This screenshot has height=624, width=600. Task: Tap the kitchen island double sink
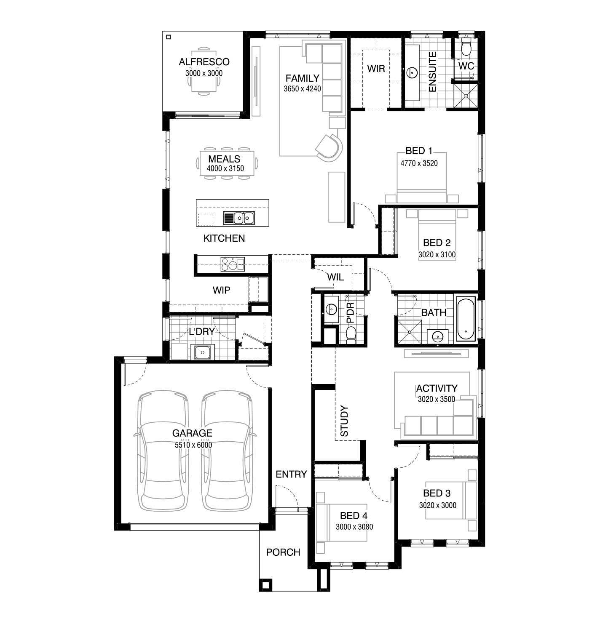tap(239, 218)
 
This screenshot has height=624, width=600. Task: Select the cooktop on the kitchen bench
tap(233, 264)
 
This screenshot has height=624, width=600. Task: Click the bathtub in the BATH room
tap(466, 319)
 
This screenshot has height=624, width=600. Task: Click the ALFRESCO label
tap(204, 62)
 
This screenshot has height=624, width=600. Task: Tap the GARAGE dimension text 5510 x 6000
tap(193, 445)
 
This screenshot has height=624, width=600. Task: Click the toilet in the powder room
tap(351, 335)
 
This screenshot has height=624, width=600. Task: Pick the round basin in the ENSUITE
tap(412, 73)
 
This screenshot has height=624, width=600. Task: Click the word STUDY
tap(344, 421)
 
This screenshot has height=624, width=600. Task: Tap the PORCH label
tap(283, 552)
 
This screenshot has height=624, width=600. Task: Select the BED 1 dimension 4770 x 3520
tap(419, 163)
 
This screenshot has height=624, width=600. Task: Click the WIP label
tap(221, 290)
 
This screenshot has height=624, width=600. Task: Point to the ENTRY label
tap(291, 474)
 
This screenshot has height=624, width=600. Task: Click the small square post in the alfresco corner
tap(169, 37)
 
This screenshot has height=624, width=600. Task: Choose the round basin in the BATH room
tap(438, 336)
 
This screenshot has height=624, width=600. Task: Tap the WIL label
tap(335, 277)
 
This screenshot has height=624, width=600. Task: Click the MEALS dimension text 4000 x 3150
tap(225, 168)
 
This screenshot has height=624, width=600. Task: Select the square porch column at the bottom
tap(265, 585)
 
